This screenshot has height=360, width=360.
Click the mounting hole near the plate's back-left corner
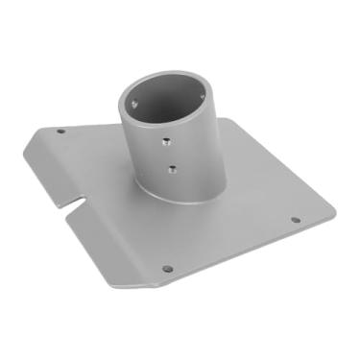tap(61, 131)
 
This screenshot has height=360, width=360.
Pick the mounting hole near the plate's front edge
tap(167, 269)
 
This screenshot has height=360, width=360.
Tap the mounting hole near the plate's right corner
tap(296, 219)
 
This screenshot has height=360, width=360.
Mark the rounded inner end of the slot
tap(82, 201)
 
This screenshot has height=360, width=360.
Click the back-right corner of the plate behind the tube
tap(240, 119)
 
